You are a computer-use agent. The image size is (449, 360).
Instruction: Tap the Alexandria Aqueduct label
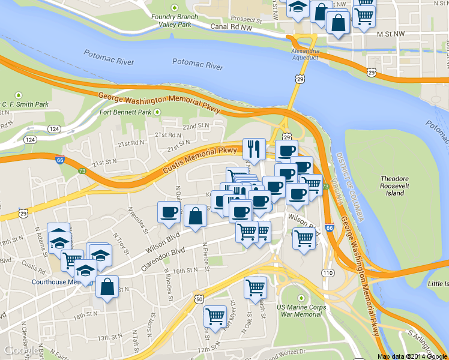(x=306, y=55)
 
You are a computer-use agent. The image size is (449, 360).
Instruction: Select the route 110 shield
(x=327, y=273)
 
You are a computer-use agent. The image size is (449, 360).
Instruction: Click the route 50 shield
(x=199, y=298)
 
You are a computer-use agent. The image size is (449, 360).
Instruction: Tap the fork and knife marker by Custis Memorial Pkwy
(x=253, y=149)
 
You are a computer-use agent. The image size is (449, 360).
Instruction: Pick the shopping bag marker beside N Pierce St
(x=196, y=217)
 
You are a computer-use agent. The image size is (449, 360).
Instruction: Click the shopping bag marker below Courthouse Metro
(x=107, y=287)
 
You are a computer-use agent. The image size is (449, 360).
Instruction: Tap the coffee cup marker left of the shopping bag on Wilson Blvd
(x=169, y=212)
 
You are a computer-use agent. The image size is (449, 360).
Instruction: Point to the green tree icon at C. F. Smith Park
(x=19, y=95)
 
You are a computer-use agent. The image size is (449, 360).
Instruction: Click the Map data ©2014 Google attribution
(x=412, y=356)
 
